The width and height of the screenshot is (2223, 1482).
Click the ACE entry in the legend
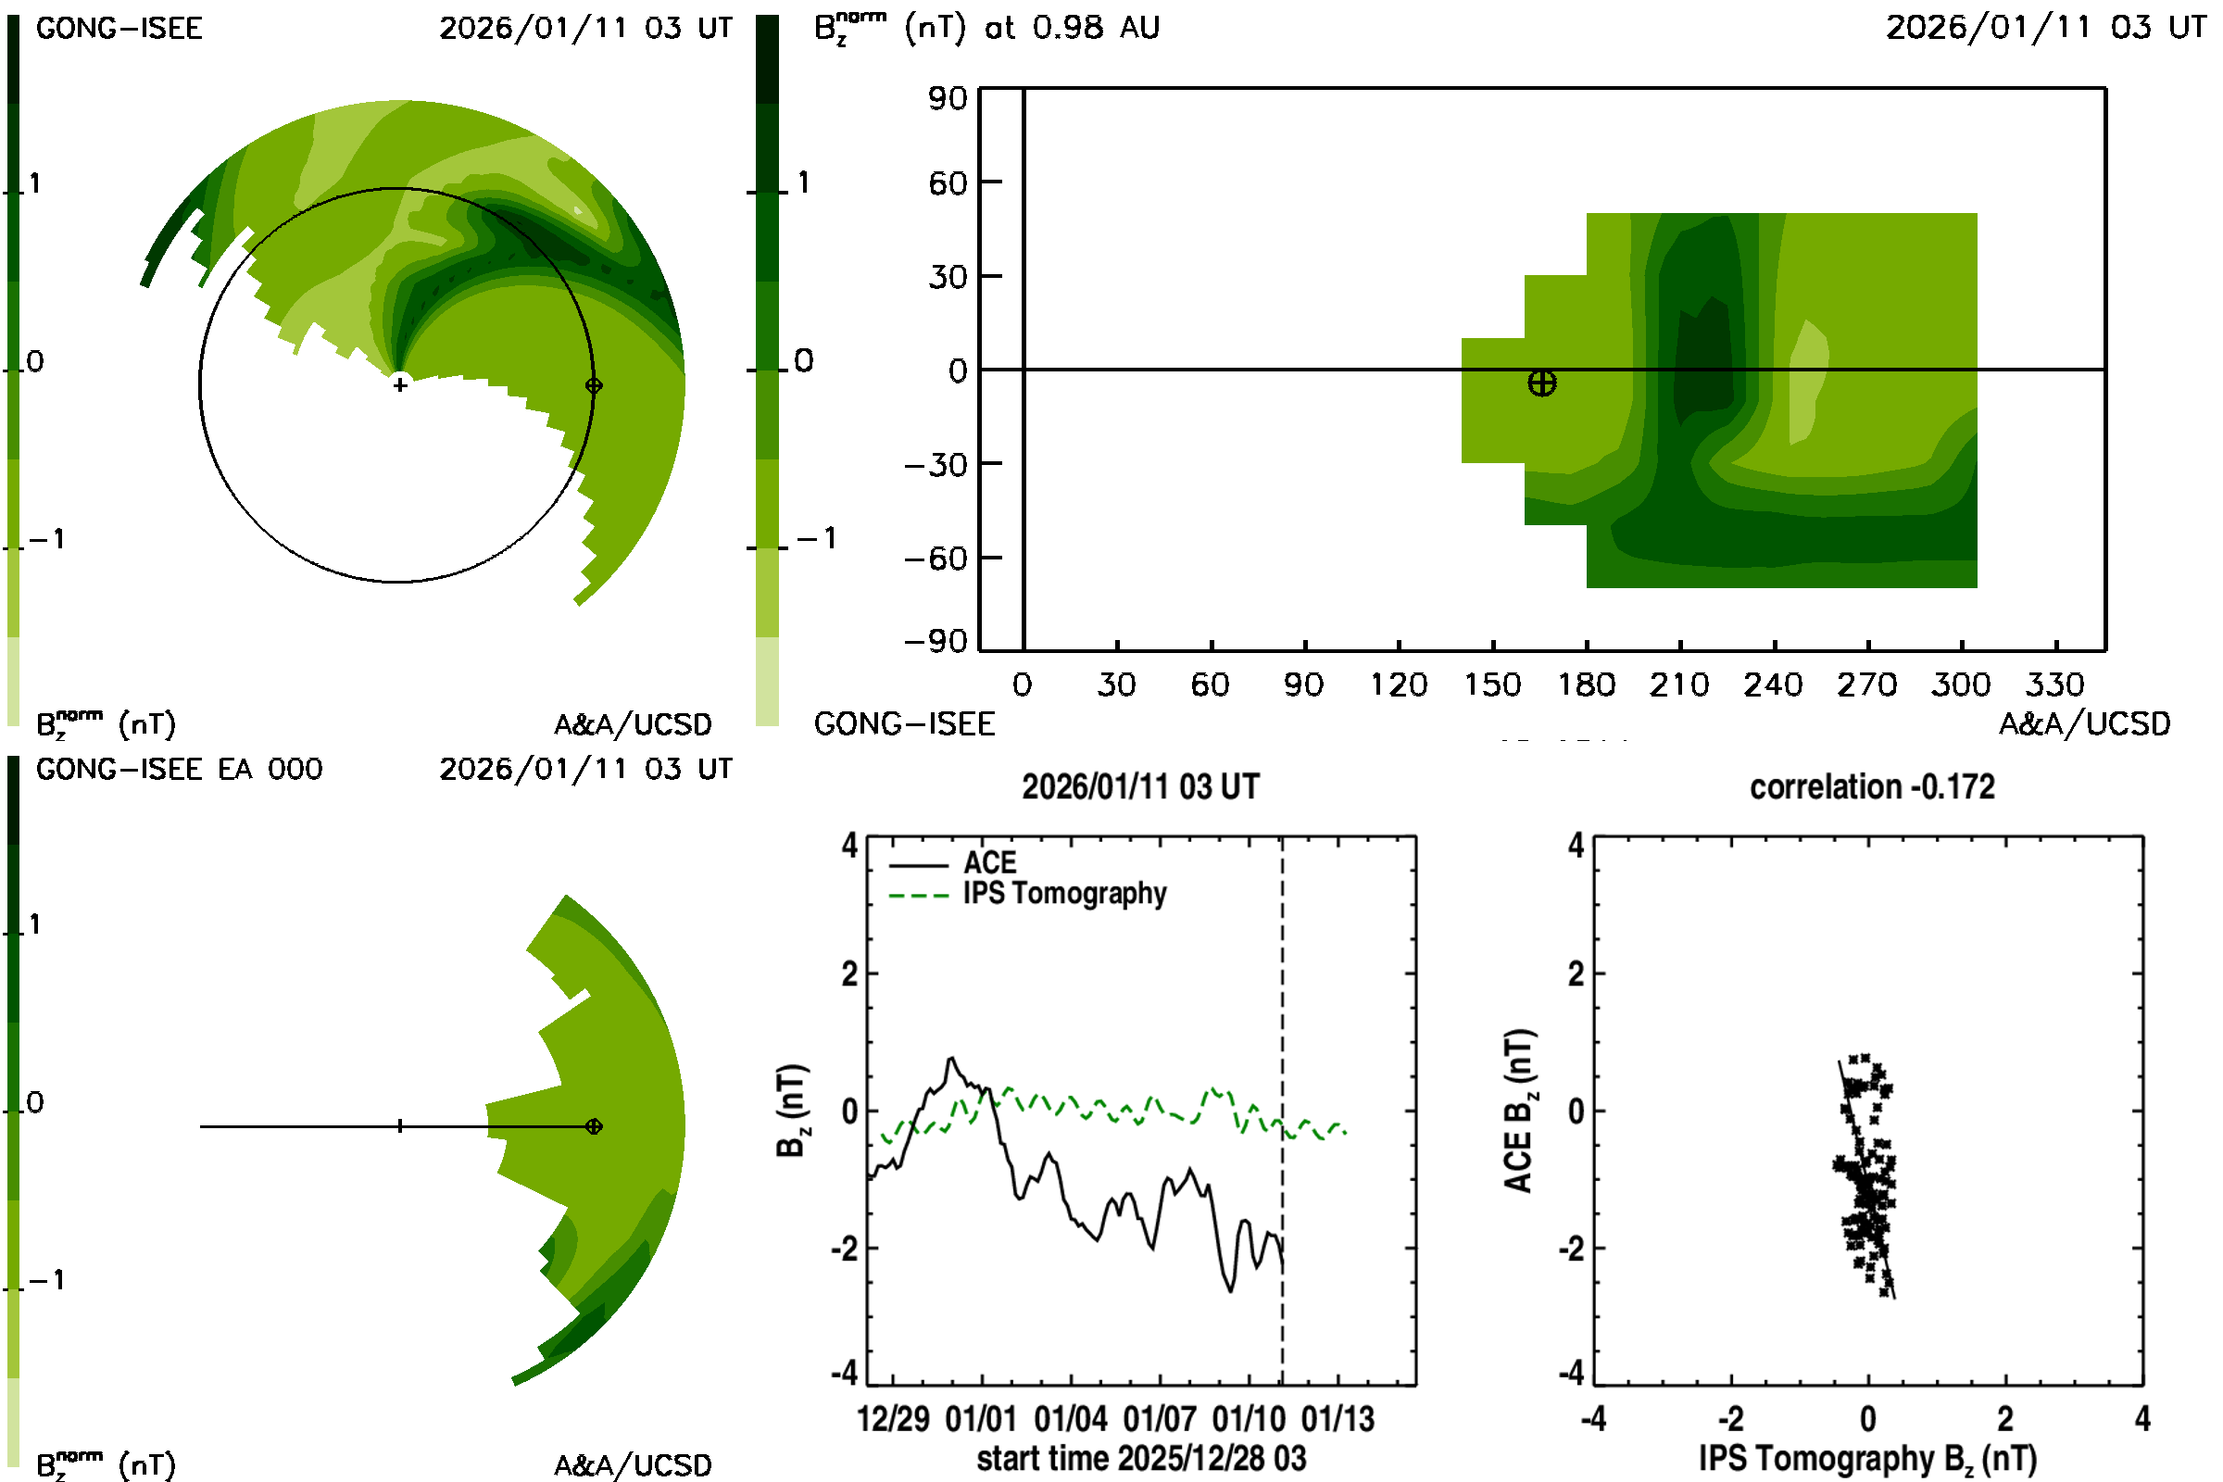988,863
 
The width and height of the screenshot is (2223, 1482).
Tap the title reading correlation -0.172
1871,787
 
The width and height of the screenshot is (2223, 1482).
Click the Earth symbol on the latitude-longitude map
1541,383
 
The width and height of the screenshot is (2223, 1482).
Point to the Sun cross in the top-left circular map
400,384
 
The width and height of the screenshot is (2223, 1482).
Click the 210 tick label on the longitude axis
1678,684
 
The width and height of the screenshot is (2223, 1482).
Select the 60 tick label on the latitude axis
947,182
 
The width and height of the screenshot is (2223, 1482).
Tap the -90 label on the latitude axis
936,642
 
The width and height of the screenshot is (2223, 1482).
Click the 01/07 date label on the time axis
1159,1419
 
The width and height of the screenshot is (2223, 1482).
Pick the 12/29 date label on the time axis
892,1419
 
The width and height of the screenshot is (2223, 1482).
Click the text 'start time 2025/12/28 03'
1141,1458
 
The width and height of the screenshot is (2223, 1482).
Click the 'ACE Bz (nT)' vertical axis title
1518,1111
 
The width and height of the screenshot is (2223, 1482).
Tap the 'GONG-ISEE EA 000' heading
179,770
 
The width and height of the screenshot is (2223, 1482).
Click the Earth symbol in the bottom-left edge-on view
594,1126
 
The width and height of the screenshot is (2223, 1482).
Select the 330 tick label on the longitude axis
2054,684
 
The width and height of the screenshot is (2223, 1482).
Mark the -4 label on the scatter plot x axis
1593,1419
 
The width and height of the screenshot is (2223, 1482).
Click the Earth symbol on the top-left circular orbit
594,385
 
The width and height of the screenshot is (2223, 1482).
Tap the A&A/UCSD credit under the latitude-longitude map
2084,724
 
